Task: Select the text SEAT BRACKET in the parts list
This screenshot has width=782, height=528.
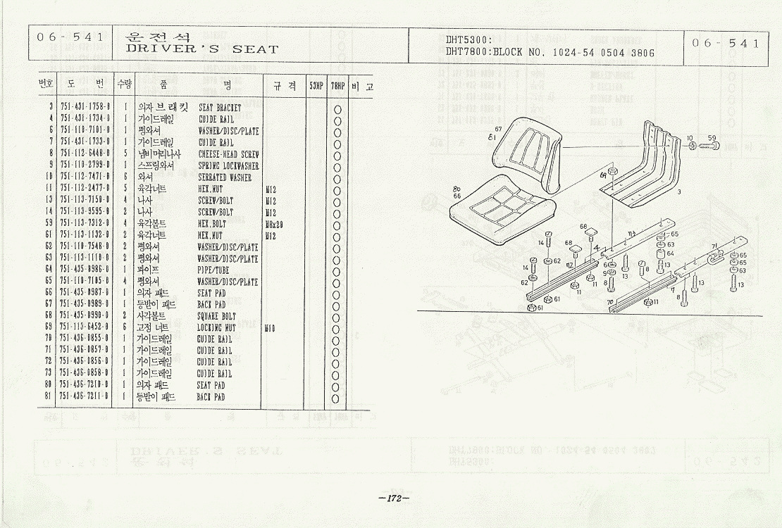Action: (220, 108)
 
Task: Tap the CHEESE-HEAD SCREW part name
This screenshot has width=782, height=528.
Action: (228, 153)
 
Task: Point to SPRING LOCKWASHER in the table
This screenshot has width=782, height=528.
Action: (228, 165)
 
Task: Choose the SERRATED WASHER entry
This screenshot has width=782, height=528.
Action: (224, 177)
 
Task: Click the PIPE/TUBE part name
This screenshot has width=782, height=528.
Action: (213, 270)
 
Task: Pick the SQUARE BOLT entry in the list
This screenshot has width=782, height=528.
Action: (216, 316)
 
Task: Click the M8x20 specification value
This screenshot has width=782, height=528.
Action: (275, 223)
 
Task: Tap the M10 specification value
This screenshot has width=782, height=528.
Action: (270, 327)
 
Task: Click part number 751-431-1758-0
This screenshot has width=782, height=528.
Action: (84, 108)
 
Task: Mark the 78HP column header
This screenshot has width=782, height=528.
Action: (338, 85)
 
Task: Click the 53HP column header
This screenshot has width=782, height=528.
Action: (316, 85)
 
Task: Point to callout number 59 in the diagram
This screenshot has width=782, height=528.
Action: (712, 137)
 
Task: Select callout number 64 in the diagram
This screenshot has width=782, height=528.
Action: (670, 253)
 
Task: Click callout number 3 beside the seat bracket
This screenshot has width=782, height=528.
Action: (678, 191)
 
